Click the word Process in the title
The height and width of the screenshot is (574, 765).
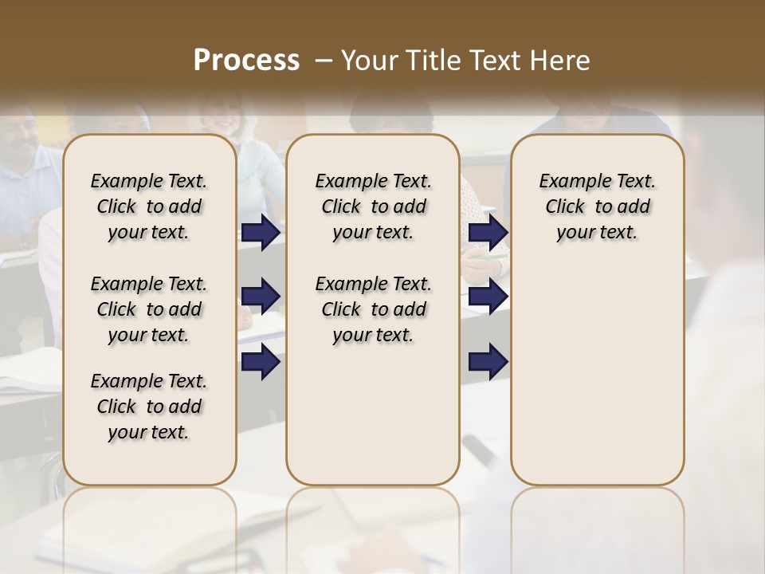click(246, 61)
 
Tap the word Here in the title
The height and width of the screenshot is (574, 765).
click(560, 61)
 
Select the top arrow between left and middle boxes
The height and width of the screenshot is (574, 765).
click(261, 233)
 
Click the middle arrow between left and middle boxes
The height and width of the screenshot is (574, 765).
click(261, 297)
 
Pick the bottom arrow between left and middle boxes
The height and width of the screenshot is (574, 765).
click(261, 361)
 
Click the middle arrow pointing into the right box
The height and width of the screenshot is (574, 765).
click(488, 297)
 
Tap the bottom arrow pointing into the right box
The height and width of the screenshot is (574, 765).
click(488, 361)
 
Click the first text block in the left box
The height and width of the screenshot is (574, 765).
click(149, 206)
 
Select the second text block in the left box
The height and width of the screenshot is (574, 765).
click(149, 309)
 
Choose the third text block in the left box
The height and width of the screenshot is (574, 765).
click(149, 407)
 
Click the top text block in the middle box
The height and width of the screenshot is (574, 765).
click(373, 206)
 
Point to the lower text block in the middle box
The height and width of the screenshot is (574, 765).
click(373, 309)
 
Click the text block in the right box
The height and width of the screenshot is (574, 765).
click(597, 206)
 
